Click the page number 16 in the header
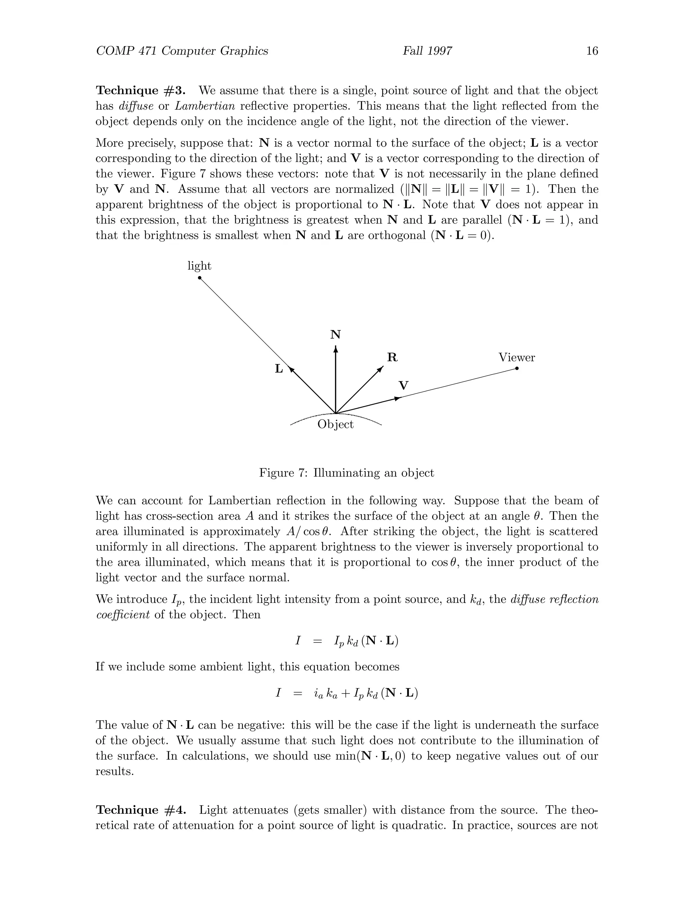pyautogui.click(x=592, y=51)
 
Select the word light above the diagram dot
pyautogui.click(x=199, y=266)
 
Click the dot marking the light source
pyautogui.click(x=199, y=278)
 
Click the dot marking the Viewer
pyautogui.click(x=517, y=368)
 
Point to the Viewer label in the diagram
pyautogui.click(x=517, y=357)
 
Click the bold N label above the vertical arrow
pyautogui.click(x=336, y=335)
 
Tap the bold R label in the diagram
pyautogui.click(x=392, y=358)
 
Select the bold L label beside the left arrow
pyautogui.click(x=279, y=369)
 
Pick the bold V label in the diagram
pyautogui.click(x=404, y=386)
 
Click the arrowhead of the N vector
pyautogui.click(x=336, y=349)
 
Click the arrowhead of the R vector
pyautogui.click(x=381, y=368)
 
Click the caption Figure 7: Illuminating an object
pyautogui.click(x=346, y=473)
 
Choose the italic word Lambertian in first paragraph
pyautogui.click(x=205, y=106)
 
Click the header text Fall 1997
pyautogui.click(x=427, y=51)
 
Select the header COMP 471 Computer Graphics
pyautogui.click(x=182, y=51)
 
